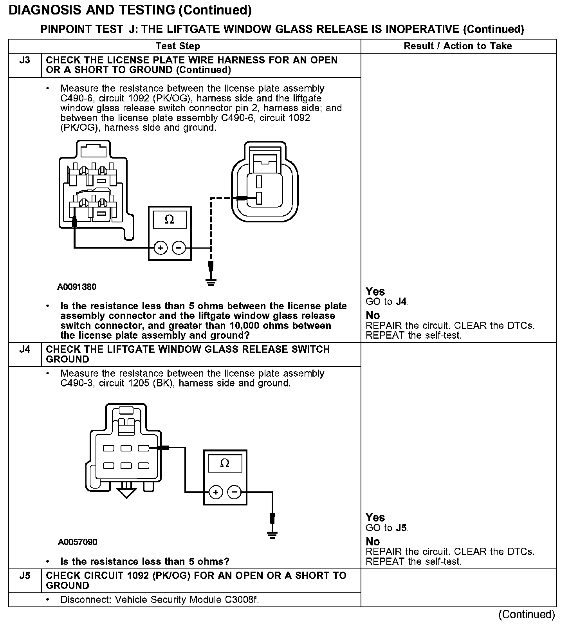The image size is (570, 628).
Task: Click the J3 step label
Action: (x=24, y=60)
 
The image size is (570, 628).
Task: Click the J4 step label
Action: (x=24, y=349)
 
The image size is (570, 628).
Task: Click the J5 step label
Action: (x=24, y=576)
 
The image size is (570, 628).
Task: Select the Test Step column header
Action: (x=178, y=46)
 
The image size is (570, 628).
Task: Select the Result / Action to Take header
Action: (x=458, y=46)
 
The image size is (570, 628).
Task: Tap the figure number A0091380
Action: (x=77, y=287)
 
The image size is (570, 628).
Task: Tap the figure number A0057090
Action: (x=78, y=542)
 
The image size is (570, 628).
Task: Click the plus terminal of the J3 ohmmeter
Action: (x=161, y=248)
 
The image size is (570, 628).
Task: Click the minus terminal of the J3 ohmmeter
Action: (x=179, y=248)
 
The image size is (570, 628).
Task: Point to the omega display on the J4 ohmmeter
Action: (x=225, y=464)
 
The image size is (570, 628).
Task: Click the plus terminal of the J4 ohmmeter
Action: (x=216, y=492)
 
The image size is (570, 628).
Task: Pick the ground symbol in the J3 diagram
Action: (x=211, y=282)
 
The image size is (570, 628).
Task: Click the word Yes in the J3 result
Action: (x=375, y=292)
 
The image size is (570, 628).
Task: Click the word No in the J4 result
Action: (x=373, y=541)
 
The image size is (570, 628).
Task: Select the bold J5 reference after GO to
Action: (x=401, y=528)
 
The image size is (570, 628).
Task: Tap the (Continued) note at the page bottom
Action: (x=527, y=615)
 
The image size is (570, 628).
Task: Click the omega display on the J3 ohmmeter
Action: (x=170, y=219)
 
